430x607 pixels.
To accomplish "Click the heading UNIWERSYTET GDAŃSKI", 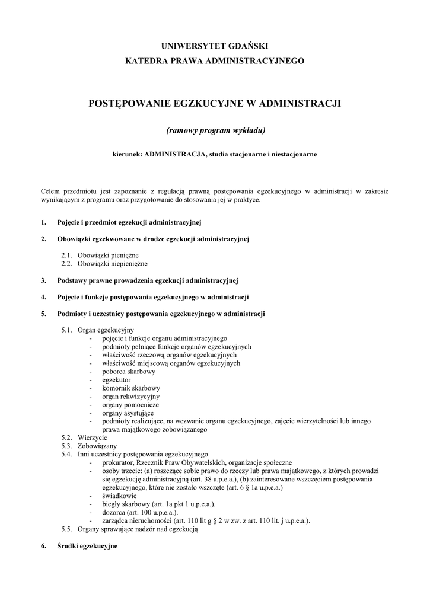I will pos(215,44).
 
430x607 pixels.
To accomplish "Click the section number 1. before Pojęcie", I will pos(43,223).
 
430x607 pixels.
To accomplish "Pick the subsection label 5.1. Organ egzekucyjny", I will pos(98,330).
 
